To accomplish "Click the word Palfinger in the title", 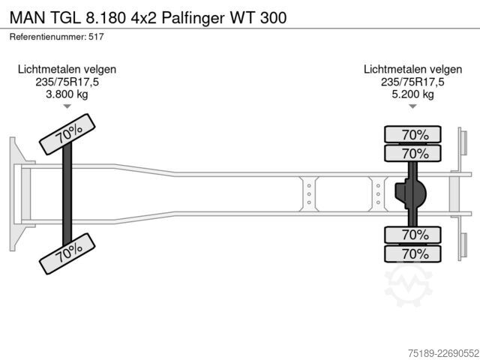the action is (193, 17).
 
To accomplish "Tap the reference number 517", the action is (96, 37).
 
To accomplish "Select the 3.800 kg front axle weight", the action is (67, 94).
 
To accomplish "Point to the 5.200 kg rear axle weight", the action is (412, 94).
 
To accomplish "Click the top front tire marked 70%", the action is (67, 134).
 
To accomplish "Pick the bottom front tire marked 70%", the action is (67, 253).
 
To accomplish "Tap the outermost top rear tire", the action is (412, 134).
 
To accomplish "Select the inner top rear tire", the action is (412, 153).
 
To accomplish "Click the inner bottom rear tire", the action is (412, 235).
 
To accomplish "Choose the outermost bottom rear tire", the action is (412, 253).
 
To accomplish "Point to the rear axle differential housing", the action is (410, 194).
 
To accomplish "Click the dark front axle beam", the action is (67, 193).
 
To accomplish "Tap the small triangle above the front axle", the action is (67, 106).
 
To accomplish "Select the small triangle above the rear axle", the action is (412, 106).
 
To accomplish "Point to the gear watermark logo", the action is (408, 285).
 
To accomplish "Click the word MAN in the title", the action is (27, 17).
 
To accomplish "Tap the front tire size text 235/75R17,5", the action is (67, 82).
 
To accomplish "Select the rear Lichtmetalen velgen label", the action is (412, 70).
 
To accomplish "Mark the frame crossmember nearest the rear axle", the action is (378, 194).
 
